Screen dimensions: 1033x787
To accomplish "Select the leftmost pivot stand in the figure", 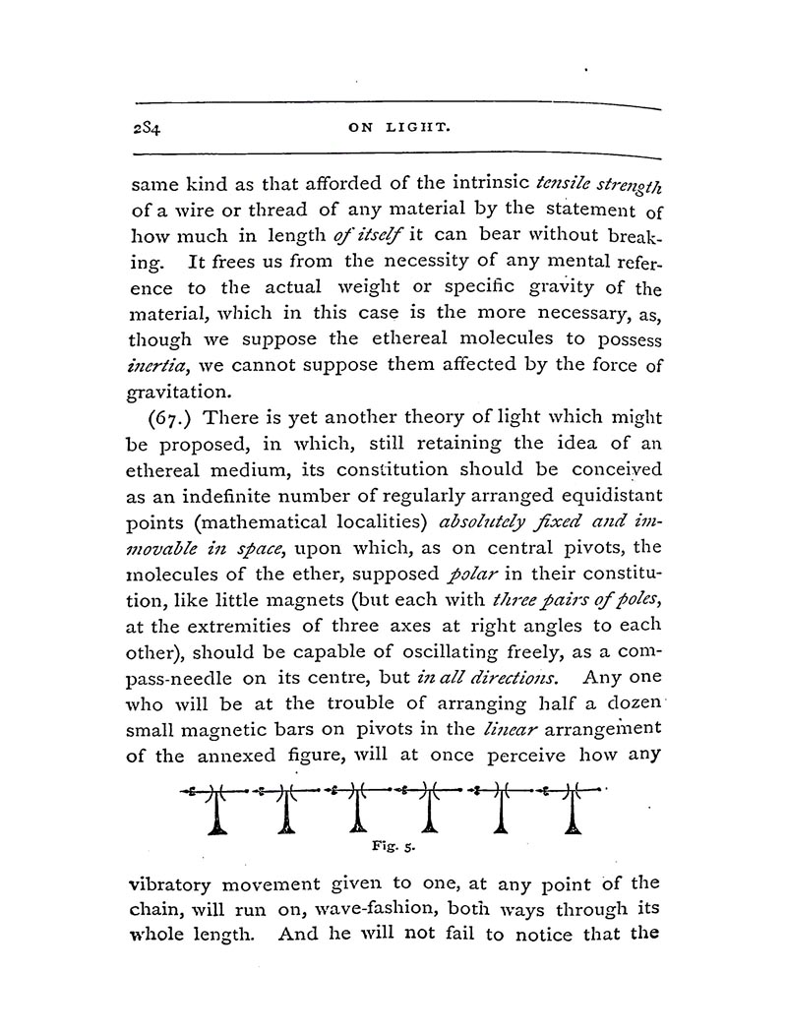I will (x=218, y=812).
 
